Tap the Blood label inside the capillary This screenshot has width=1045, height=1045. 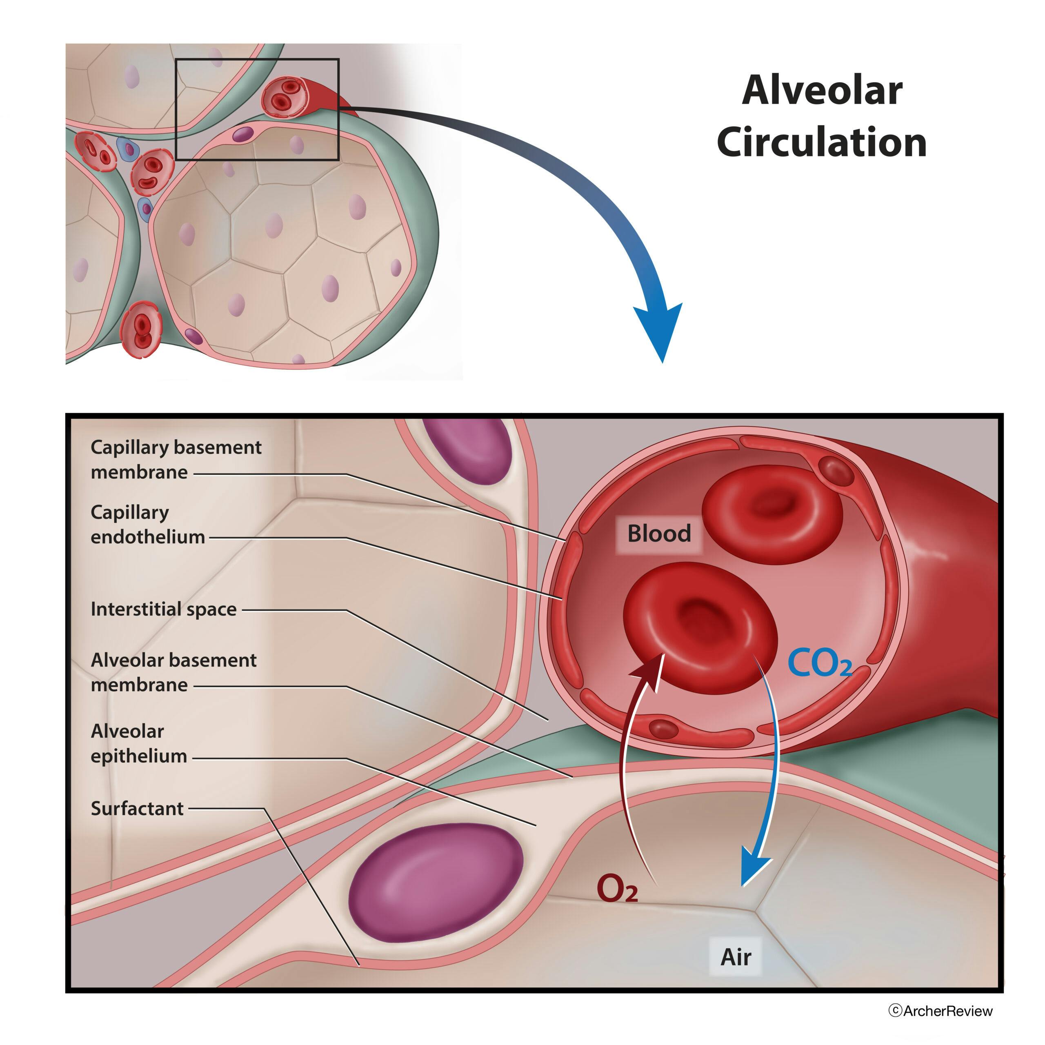(659, 534)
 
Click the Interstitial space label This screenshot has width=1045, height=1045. (163, 609)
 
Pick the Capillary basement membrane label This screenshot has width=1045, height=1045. (176, 459)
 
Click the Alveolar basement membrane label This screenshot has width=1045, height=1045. (173, 672)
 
